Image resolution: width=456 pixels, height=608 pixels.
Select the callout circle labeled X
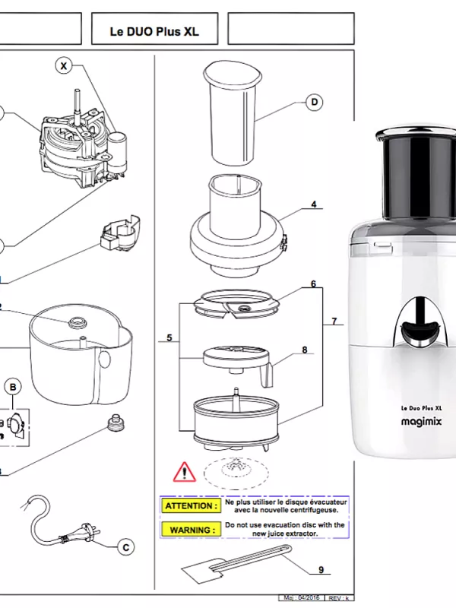(x=64, y=67)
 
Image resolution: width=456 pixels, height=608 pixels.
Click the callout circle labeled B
(x=14, y=388)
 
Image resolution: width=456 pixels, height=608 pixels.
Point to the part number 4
(x=312, y=204)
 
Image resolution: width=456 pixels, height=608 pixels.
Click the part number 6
(x=312, y=284)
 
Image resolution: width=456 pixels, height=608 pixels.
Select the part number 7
(x=334, y=322)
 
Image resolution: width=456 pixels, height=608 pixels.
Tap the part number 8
(x=305, y=350)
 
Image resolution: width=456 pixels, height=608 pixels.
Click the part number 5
(x=169, y=337)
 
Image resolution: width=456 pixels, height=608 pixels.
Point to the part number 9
(x=321, y=569)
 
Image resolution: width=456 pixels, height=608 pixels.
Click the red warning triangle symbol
(x=184, y=473)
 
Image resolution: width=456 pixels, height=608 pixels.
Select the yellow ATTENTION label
(x=188, y=505)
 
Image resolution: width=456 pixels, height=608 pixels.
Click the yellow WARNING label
(x=188, y=529)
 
